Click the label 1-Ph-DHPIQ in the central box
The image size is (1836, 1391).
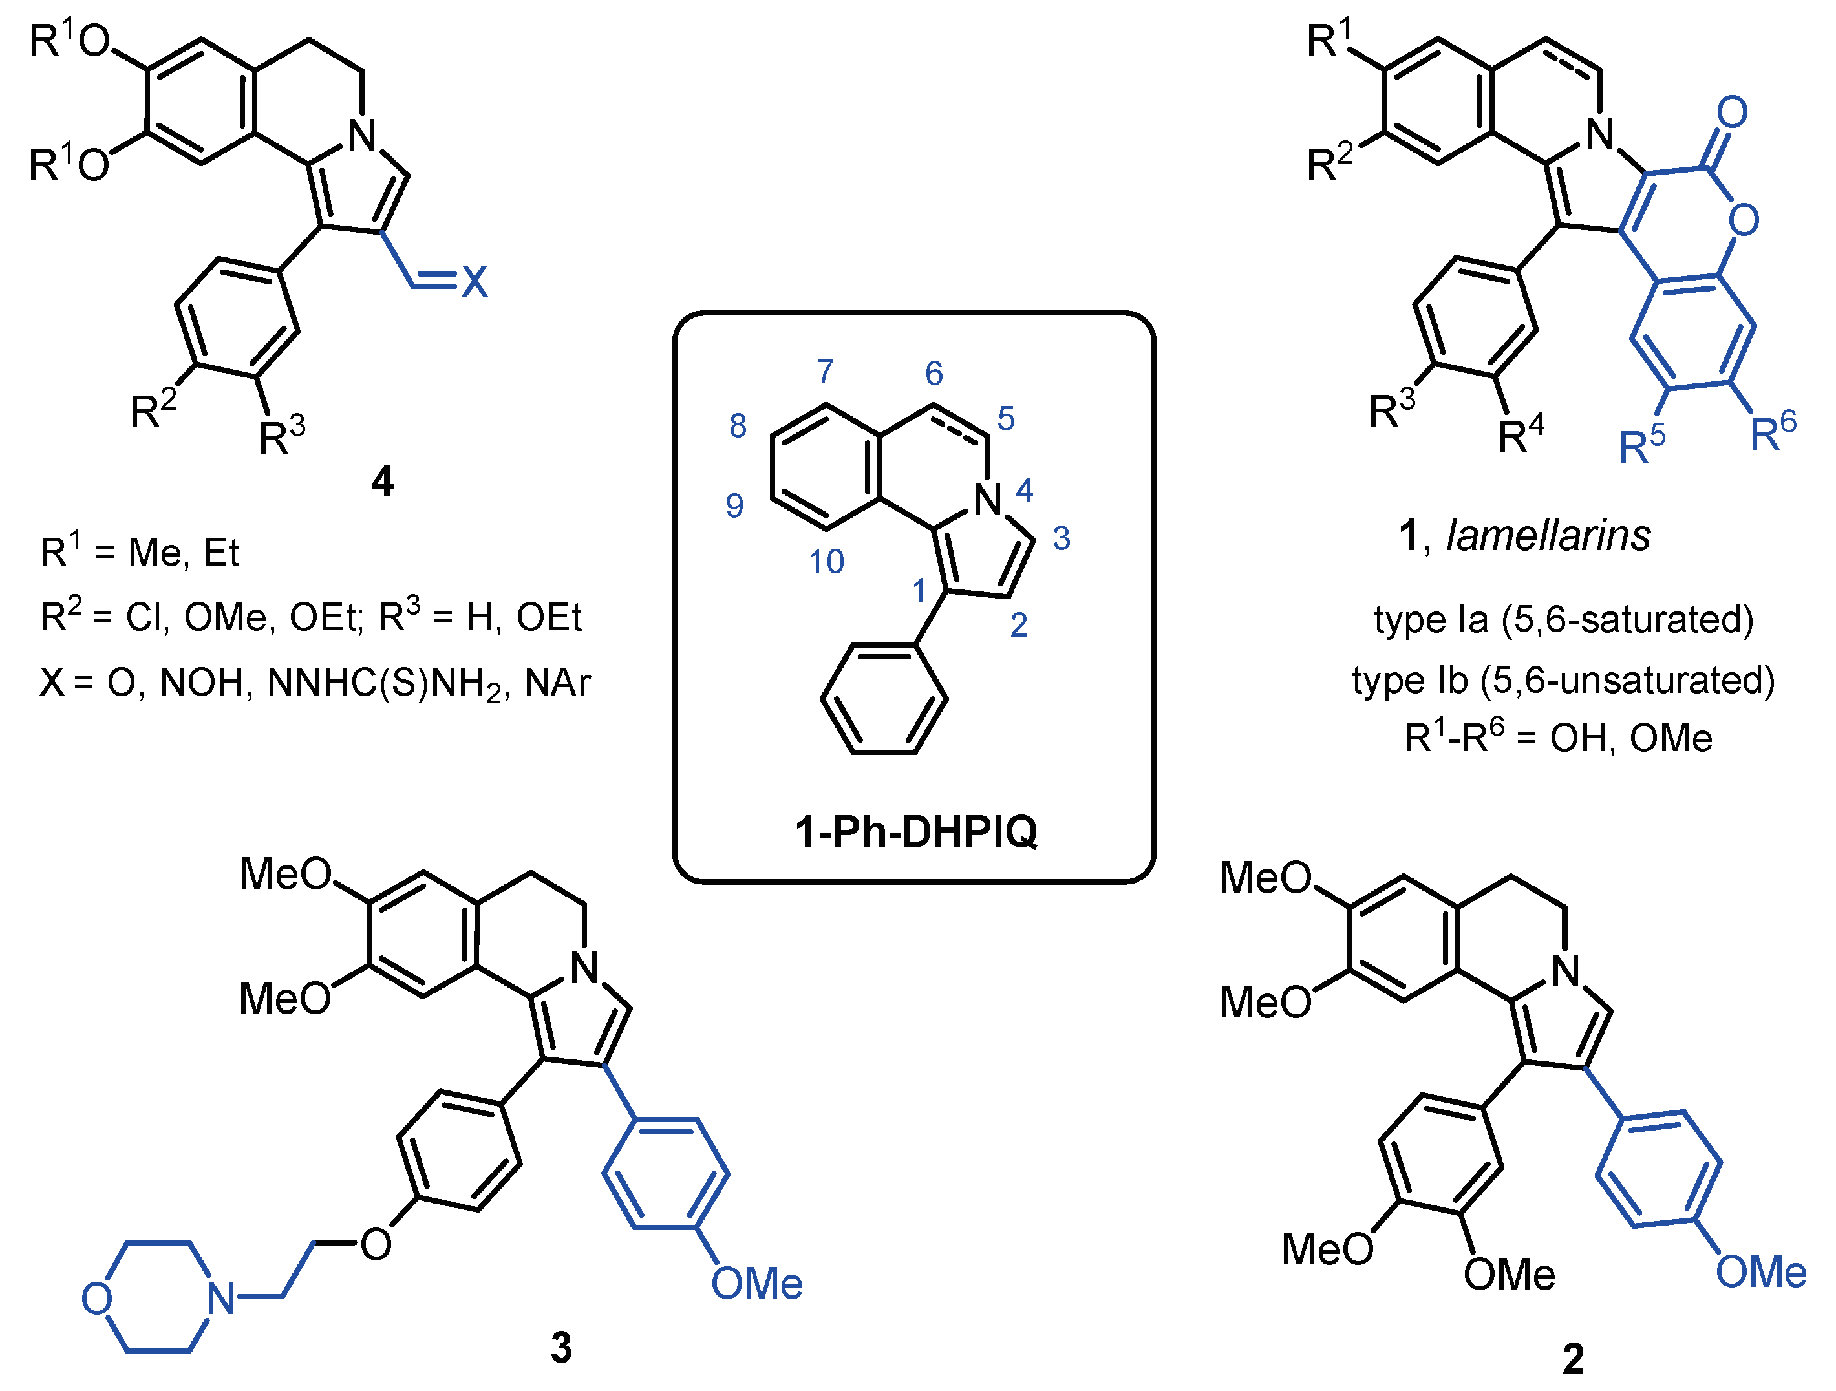pyautogui.click(x=916, y=831)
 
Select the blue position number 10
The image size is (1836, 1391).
pyautogui.click(x=827, y=562)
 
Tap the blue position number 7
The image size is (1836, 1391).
pyautogui.click(x=825, y=371)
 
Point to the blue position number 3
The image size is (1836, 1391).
pyautogui.click(x=1062, y=538)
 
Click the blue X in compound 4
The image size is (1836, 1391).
pyautogui.click(x=475, y=282)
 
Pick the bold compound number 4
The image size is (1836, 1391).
pyautogui.click(x=382, y=482)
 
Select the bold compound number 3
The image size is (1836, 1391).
pyautogui.click(x=562, y=1347)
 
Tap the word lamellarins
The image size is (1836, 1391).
pyautogui.click(x=1548, y=535)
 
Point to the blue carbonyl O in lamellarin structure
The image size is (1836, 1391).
pyautogui.click(x=1733, y=112)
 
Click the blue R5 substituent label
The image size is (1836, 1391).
pyautogui.click(x=1643, y=446)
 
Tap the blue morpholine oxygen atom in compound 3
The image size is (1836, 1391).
pyautogui.click(x=96, y=1298)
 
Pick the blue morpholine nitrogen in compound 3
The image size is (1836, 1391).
pyautogui.click(x=221, y=1298)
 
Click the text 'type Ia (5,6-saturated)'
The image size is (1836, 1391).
pyautogui.click(x=1564, y=619)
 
